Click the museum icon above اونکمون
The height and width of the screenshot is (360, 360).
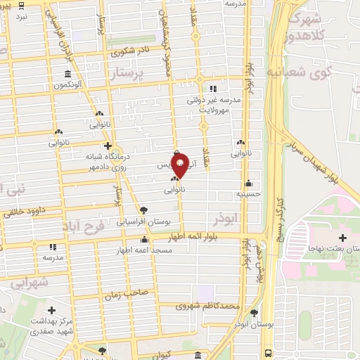[67, 74]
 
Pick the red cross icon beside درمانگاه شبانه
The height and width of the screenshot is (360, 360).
[107, 146]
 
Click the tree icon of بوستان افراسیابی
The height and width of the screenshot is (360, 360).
[144, 210]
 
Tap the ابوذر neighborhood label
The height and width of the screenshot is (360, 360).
[250, 219]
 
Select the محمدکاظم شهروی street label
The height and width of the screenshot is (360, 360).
[211, 306]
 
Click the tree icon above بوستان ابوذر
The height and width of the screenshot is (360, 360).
[254, 314]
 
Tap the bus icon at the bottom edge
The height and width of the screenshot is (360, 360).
[267, 353]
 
